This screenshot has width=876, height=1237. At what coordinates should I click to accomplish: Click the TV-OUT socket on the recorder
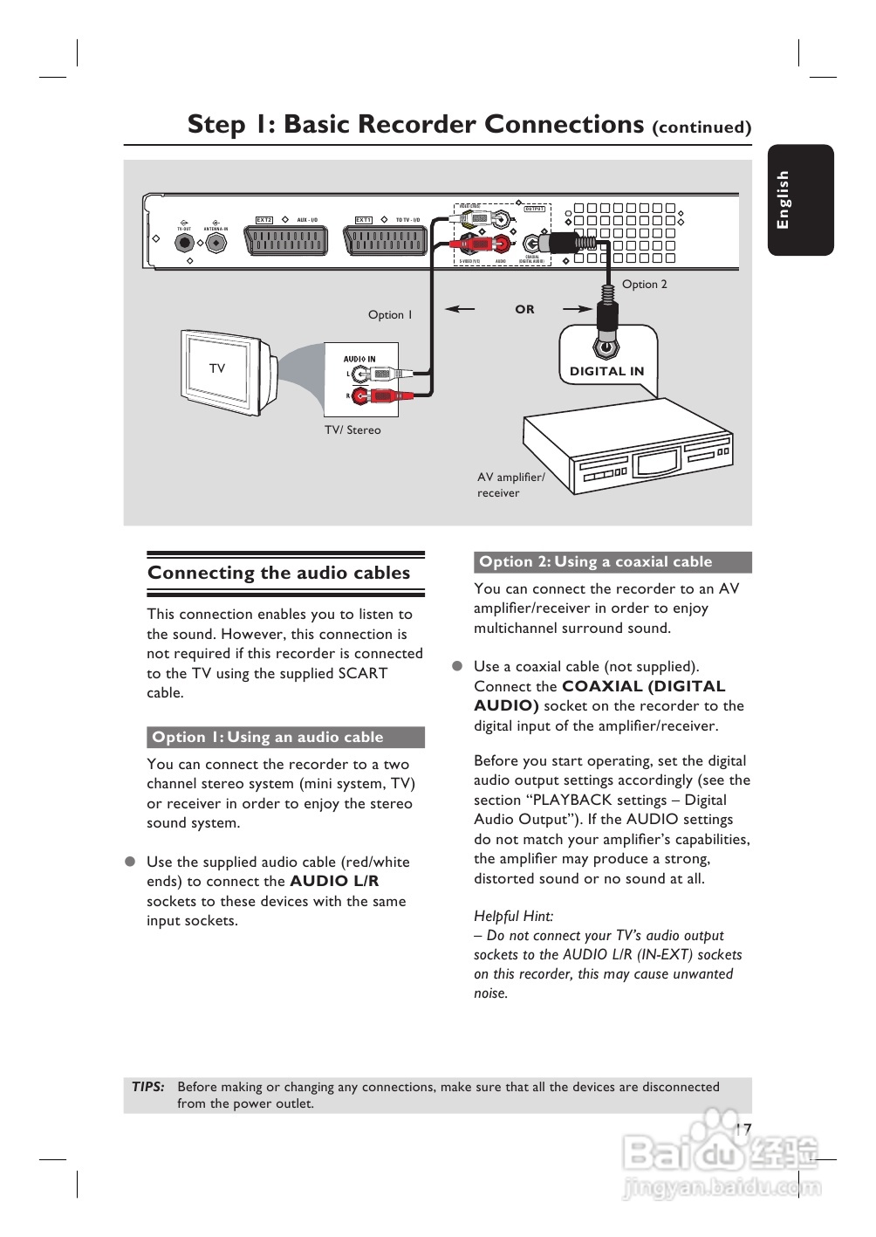pyautogui.click(x=184, y=243)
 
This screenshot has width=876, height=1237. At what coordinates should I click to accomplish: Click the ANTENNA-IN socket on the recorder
pyautogui.click(x=216, y=243)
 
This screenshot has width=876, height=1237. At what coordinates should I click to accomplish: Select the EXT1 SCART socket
pyautogui.click(x=386, y=240)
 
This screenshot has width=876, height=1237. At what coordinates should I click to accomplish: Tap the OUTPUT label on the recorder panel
pyautogui.click(x=534, y=209)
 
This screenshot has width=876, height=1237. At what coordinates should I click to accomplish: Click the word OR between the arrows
pyautogui.click(x=524, y=309)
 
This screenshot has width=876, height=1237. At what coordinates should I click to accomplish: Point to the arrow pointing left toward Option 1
pyautogui.click(x=460, y=308)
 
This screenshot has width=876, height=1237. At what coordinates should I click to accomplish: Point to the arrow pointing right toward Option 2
pyautogui.click(x=578, y=308)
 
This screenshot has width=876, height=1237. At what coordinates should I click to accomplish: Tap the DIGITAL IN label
pyautogui.click(x=606, y=371)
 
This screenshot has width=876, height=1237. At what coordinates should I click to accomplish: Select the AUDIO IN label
pyautogui.click(x=359, y=359)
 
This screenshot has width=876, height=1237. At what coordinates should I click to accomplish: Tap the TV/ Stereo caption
pyautogui.click(x=352, y=430)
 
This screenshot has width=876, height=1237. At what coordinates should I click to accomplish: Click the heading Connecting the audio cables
pyautogui.click(x=278, y=573)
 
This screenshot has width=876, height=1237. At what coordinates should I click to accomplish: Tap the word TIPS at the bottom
pyautogui.click(x=148, y=1087)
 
